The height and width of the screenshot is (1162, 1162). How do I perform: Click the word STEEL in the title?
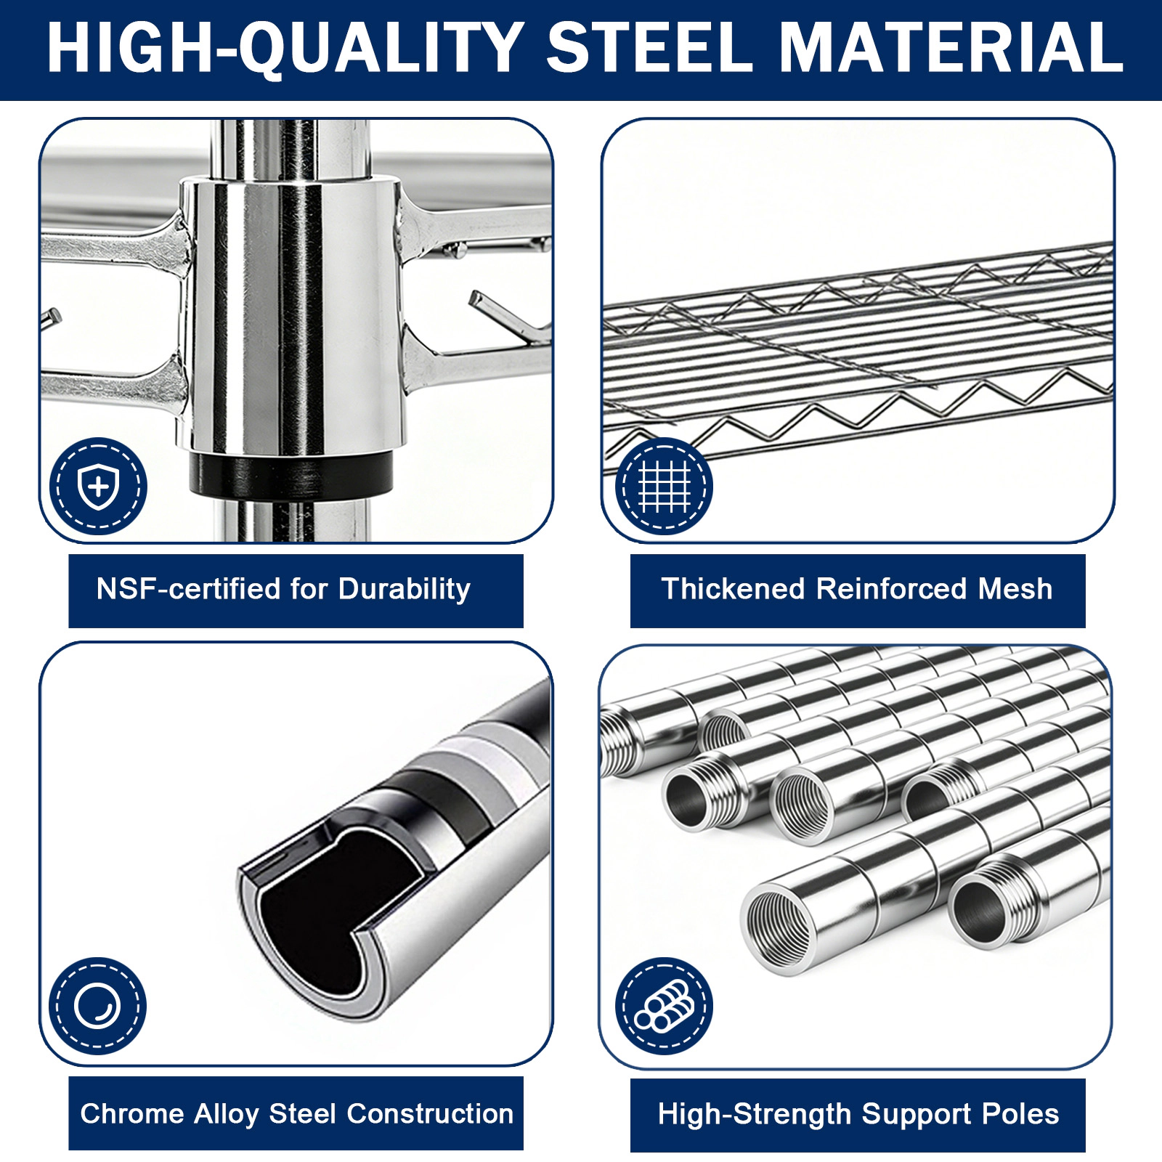click(650, 47)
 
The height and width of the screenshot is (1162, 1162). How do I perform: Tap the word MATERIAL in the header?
click(951, 47)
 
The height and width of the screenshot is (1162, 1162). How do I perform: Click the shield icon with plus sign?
click(98, 486)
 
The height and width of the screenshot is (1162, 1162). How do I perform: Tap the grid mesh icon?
click(664, 486)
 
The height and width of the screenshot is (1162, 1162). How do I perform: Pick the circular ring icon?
click(97, 1006)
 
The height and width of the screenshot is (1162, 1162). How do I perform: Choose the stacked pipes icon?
click(664, 1006)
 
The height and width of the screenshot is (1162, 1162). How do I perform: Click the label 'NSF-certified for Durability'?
click(283, 590)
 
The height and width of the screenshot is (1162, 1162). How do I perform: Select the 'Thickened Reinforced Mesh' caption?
click(857, 589)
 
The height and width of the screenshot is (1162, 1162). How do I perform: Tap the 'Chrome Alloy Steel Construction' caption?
click(296, 1113)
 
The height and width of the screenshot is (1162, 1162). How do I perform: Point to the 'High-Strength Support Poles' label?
click(858, 1115)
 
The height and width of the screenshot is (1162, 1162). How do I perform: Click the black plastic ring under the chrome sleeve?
click(290, 474)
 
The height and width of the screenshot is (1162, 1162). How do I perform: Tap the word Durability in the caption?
click(405, 590)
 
